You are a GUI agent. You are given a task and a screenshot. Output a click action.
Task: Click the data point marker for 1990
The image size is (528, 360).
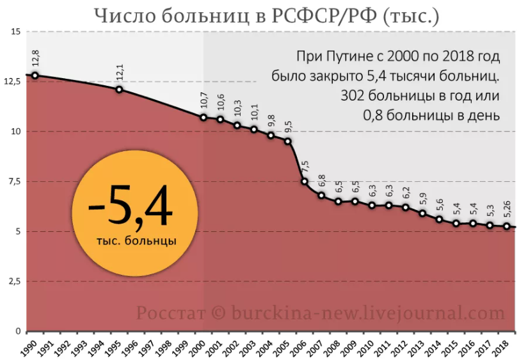(x=35, y=75)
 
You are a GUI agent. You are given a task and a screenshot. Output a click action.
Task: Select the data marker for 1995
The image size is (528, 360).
(x=119, y=89)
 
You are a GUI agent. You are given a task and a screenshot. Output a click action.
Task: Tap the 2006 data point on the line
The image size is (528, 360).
(x=305, y=181)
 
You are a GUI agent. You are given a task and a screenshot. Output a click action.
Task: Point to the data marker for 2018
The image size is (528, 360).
(x=507, y=226)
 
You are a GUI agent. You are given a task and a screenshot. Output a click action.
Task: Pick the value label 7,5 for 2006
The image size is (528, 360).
(x=305, y=168)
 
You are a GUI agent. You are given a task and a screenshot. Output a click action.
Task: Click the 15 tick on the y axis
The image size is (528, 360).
(x=16, y=32)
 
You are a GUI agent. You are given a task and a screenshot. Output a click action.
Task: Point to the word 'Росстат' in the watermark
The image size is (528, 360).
(x=170, y=314)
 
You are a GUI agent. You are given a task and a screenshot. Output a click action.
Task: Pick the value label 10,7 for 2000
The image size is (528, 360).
(x=204, y=102)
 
